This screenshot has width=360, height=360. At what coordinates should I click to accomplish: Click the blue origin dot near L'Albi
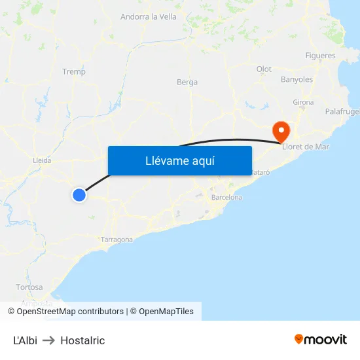point(79,194)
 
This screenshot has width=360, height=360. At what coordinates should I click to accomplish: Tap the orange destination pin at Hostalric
point(281,130)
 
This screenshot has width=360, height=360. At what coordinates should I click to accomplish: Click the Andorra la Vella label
point(149,16)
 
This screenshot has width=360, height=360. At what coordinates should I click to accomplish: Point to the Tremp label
point(73,72)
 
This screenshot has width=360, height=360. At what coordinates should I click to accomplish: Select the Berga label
point(187,82)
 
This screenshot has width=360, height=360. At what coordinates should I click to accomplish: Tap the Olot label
point(264,69)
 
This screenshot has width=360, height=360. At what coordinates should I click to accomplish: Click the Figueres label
point(320,56)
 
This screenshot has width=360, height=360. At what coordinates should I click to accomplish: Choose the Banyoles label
point(297,80)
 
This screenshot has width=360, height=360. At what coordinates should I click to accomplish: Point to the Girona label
point(303,102)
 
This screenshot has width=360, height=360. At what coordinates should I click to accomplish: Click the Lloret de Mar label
point(305,147)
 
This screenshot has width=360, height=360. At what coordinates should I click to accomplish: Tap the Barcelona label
point(226,197)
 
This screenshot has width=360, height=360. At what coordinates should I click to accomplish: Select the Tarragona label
point(117,240)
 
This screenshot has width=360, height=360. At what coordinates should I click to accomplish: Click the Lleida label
point(42,160)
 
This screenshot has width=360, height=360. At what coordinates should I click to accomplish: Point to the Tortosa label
point(29,287)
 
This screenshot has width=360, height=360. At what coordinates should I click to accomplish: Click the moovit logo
point(321,339)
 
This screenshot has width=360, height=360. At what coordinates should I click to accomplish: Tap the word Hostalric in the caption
point(82,340)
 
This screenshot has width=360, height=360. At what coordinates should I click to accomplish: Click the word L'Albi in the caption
point(25,340)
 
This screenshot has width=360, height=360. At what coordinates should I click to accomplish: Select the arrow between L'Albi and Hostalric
point(49,340)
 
